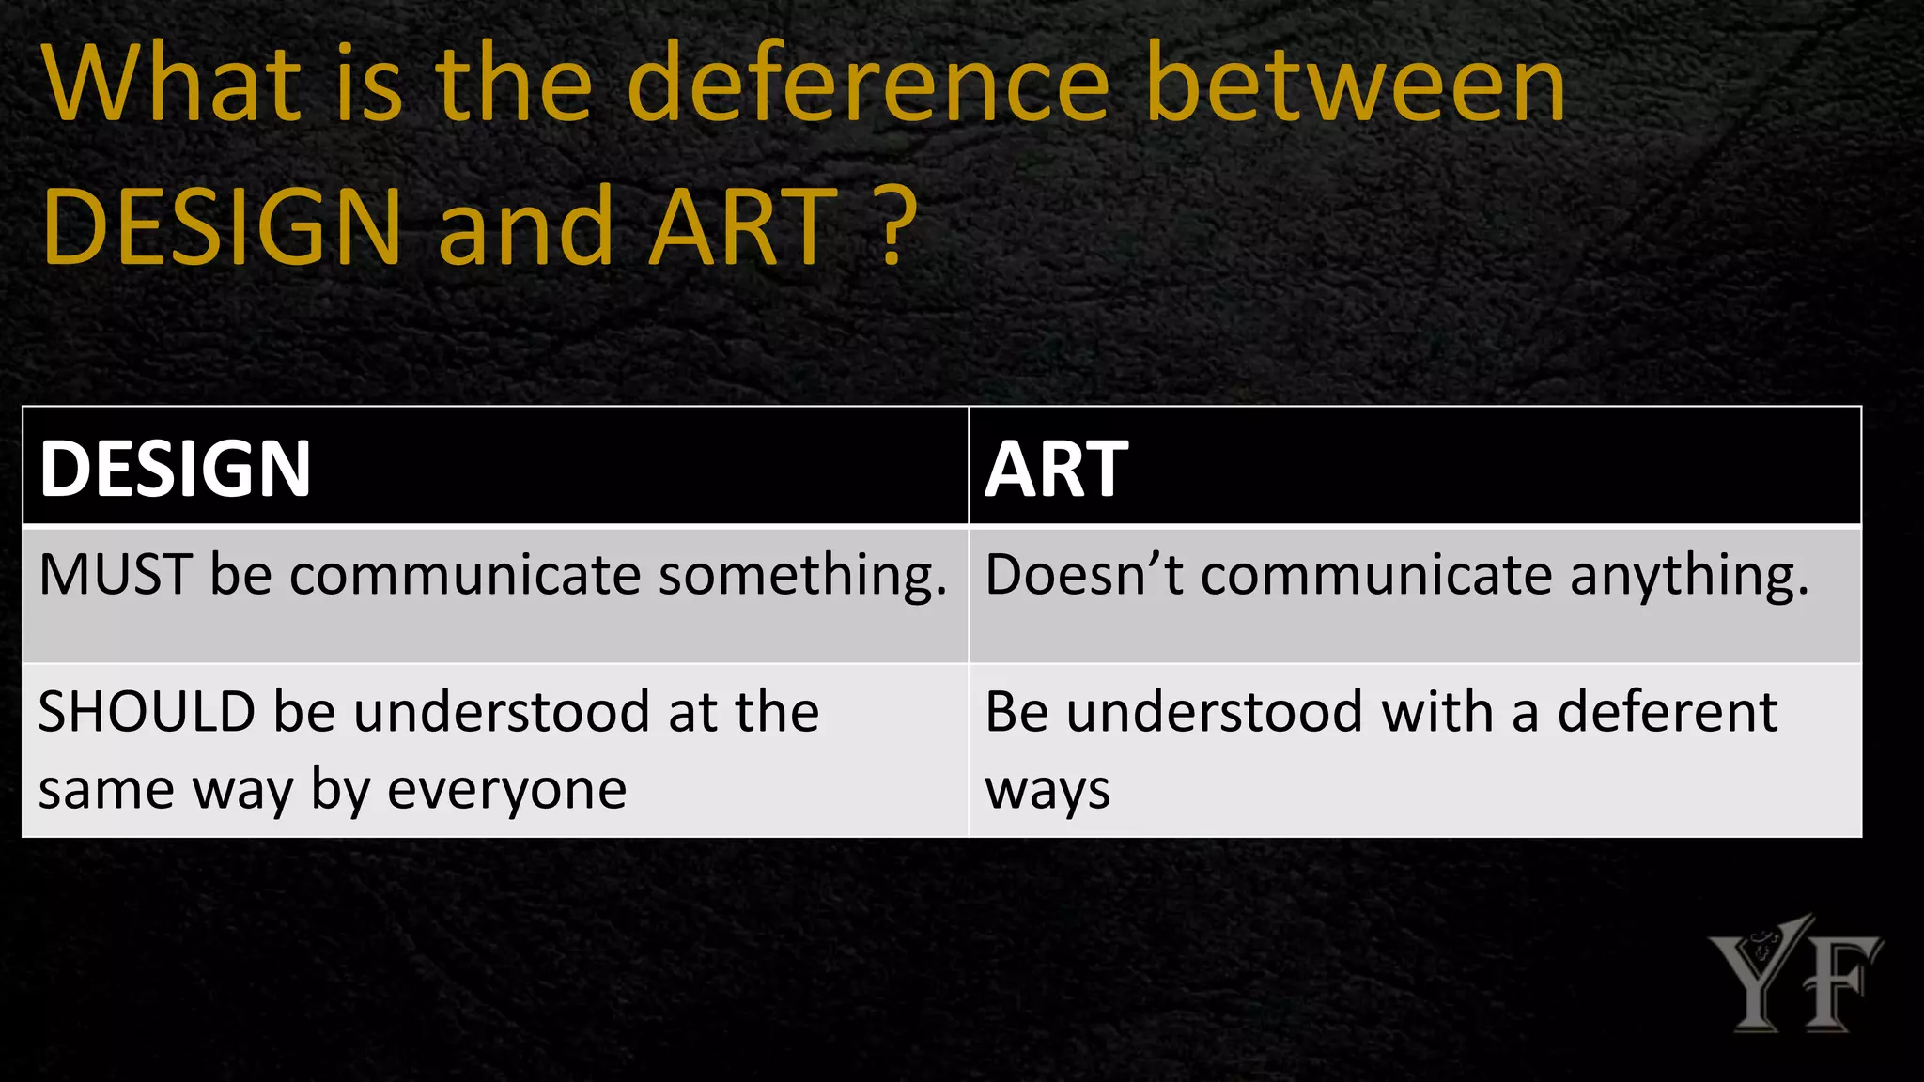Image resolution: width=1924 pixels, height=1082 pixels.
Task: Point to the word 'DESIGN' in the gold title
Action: pyautogui.click(x=223, y=227)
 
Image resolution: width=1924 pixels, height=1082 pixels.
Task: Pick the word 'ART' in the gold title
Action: pyautogui.click(x=743, y=227)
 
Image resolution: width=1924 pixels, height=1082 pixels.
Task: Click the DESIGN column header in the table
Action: pyautogui.click(x=176, y=469)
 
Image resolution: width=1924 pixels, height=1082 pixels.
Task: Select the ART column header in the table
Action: pyautogui.click(x=1056, y=469)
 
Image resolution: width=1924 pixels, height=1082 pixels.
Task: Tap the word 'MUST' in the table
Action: pyautogui.click(x=116, y=574)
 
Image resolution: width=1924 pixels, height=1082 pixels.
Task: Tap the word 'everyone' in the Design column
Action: pyautogui.click(x=507, y=789)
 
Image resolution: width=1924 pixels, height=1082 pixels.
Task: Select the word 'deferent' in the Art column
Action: pyautogui.click(x=1668, y=711)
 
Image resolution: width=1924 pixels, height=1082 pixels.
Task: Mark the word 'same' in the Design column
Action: pyautogui.click(x=105, y=789)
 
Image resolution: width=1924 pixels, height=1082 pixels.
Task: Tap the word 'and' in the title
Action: pyautogui.click(x=525, y=227)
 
